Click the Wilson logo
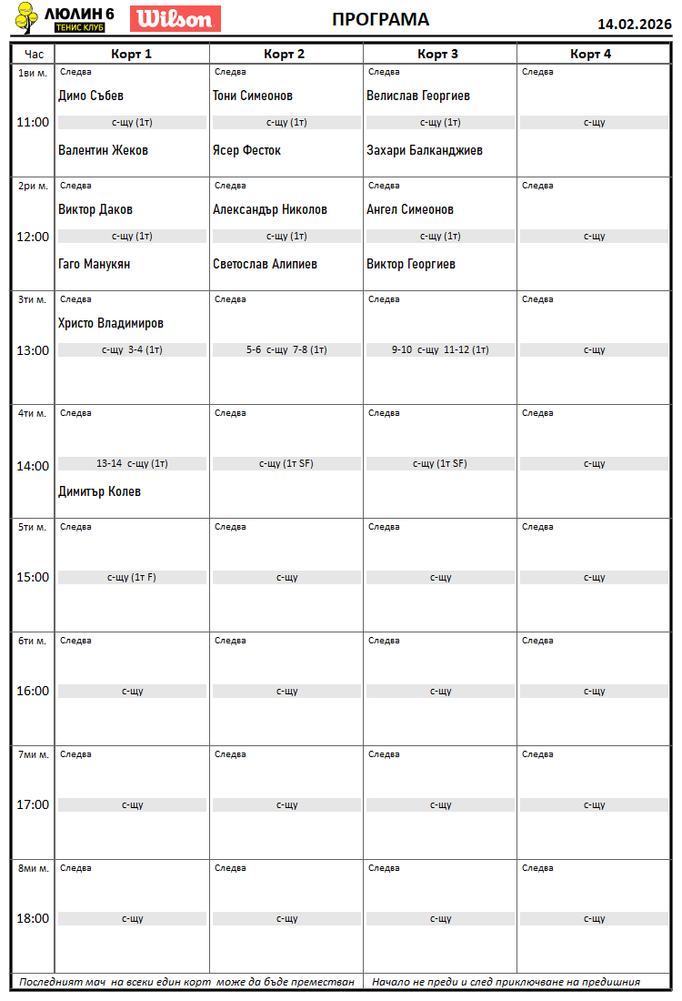point(176,18)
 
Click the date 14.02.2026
point(634,25)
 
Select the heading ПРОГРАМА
point(380,20)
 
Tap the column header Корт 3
point(437,54)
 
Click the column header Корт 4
point(591,54)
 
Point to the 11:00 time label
point(33,122)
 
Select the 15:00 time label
point(33,577)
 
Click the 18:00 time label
point(33,918)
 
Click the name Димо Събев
point(91,96)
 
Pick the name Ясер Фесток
point(246,150)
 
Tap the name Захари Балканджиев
point(425,150)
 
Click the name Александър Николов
point(270,209)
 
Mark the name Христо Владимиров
point(111,323)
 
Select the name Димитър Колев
point(99,491)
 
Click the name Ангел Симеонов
point(410,209)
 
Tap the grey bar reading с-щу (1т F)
point(132,577)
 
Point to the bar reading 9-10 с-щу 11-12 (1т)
point(440,349)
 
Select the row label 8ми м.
point(33,868)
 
